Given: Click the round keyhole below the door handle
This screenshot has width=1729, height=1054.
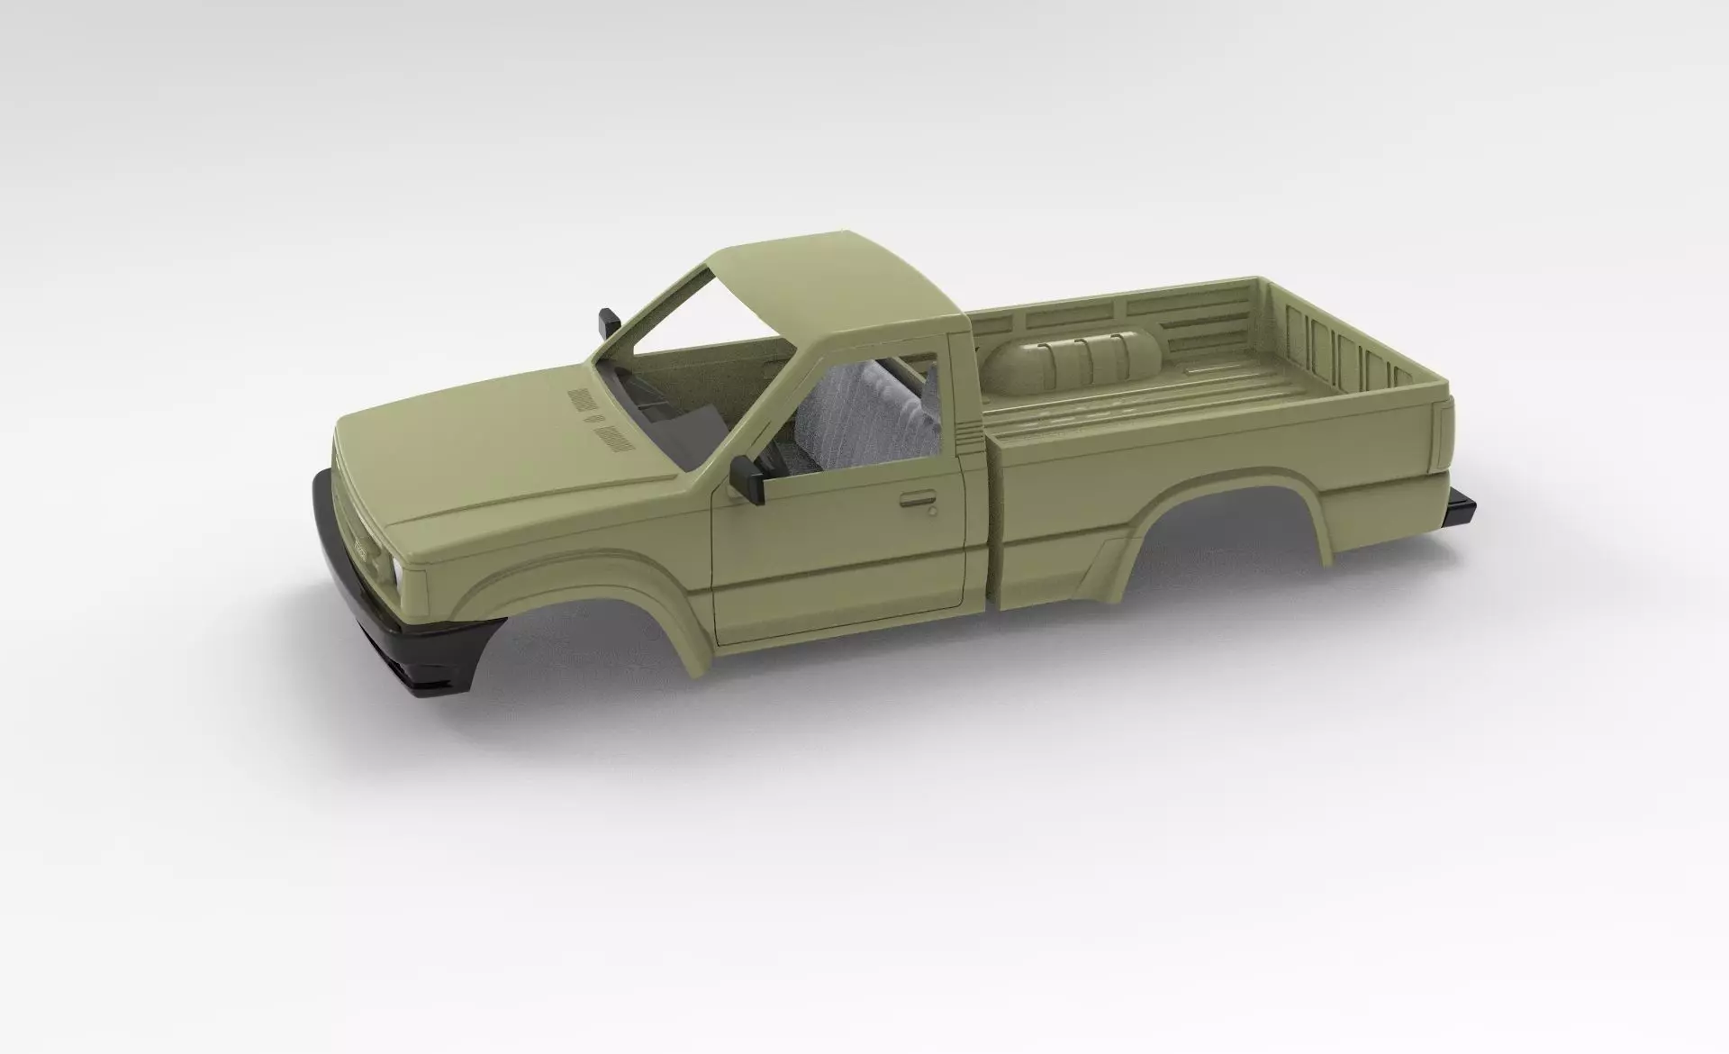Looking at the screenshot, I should [x=932, y=512].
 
